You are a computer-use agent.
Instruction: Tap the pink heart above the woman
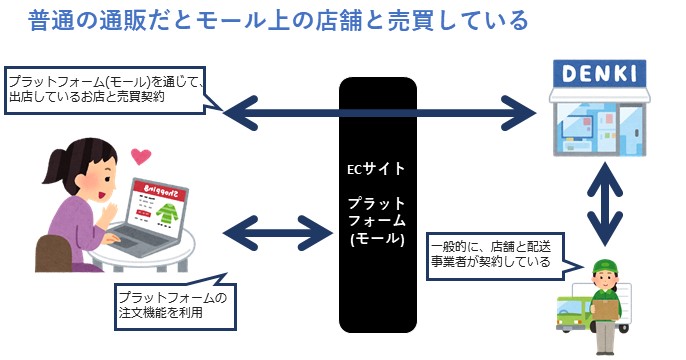click(x=140, y=157)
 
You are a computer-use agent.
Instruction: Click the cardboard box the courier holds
click(x=603, y=312)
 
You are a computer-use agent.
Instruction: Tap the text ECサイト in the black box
click(x=376, y=169)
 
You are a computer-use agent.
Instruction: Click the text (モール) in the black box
click(x=377, y=240)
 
